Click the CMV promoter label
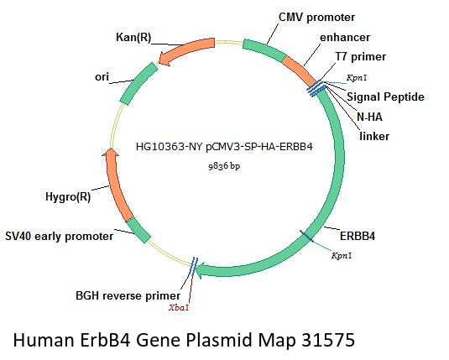click(x=316, y=17)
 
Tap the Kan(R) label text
click(x=133, y=37)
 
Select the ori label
click(x=102, y=76)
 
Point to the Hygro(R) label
click(x=68, y=196)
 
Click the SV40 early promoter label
click(x=60, y=237)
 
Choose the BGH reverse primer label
click(x=128, y=295)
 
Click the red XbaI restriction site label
click(x=179, y=308)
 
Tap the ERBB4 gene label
click(x=358, y=236)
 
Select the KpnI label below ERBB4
click(x=342, y=255)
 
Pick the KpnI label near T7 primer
click(x=357, y=77)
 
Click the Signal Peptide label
click(x=385, y=97)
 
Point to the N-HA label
click(x=369, y=117)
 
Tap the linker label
click(x=374, y=136)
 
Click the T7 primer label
click(x=361, y=57)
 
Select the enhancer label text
click(x=345, y=38)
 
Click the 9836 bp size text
click(x=224, y=166)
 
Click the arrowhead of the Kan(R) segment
click(x=164, y=59)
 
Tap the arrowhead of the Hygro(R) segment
click(x=111, y=154)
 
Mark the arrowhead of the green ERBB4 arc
click(x=201, y=270)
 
